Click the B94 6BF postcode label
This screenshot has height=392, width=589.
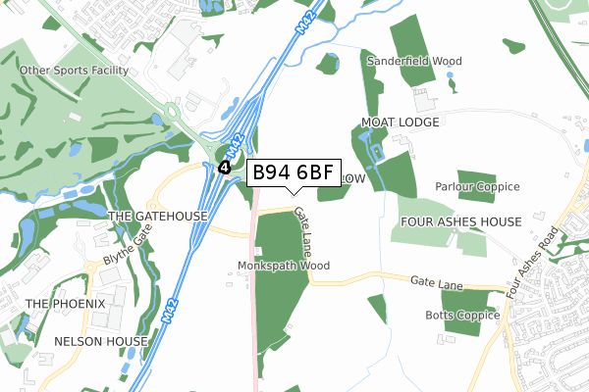click(x=294, y=173)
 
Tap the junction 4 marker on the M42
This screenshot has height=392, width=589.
click(x=225, y=168)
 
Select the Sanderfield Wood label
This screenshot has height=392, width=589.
click(x=413, y=61)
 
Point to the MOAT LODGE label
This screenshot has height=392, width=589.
click(x=400, y=122)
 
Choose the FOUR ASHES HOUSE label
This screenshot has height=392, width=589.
click(x=459, y=222)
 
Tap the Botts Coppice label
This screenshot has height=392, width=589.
click(x=461, y=316)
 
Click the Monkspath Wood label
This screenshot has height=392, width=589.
click(x=284, y=266)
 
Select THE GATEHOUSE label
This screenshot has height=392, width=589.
click(x=157, y=216)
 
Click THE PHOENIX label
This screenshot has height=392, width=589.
click(x=66, y=304)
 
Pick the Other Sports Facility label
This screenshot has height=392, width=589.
click(x=74, y=72)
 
